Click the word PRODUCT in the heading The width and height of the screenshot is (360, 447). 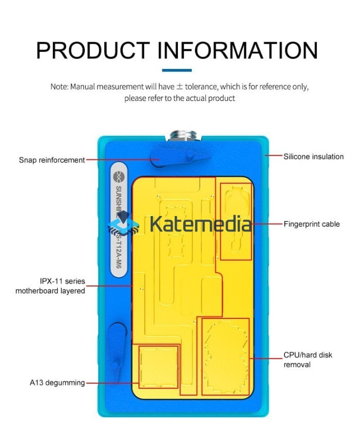(x=92, y=50)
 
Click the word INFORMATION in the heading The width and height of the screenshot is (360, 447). (x=237, y=50)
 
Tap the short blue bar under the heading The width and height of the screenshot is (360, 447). (x=176, y=70)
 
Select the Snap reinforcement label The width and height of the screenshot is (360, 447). (x=52, y=160)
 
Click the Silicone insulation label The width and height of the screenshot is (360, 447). (x=313, y=156)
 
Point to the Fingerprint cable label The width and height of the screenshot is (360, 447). (x=312, y=224)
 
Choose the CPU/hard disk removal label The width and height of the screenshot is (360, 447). (x=308, y=360)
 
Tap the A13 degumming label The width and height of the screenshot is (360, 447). (x=57, y=383)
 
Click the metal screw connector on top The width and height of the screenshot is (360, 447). (x=182, y=137)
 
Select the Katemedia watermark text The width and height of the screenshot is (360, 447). (x=201, y=224)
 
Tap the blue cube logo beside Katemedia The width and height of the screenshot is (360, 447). (x=124, y=226)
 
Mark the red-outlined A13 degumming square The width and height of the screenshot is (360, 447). (x=159, y=366)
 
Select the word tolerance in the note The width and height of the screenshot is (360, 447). (x=202, y=86)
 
